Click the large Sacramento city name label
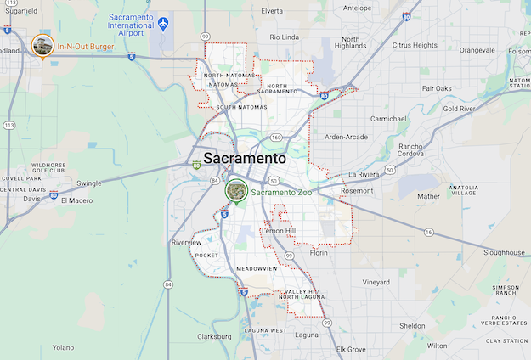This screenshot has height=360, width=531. tap(245, 158)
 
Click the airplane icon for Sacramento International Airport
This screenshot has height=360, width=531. tap(163, 22)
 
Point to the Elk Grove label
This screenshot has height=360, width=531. tap(351, 349)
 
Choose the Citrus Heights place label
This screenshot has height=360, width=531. tap(415, 45)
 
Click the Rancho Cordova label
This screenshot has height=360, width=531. tap(416, 150)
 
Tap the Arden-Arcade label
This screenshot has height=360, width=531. tap(346, 137)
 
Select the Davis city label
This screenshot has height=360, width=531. tap(31, 199)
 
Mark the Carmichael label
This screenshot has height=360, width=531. tap(390, 119)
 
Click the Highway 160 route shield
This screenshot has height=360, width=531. tap(276, 137)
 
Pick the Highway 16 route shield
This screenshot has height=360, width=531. tap(430, 232)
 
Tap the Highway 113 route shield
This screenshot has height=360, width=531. tap(9, 125)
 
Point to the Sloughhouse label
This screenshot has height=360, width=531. tap(505, 252)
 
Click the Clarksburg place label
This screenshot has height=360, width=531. tap(214, 336)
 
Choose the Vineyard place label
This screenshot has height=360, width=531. tap(376, 282)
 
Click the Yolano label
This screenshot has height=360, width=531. tap(63, 347)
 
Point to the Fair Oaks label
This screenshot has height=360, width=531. tap(437, 88)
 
